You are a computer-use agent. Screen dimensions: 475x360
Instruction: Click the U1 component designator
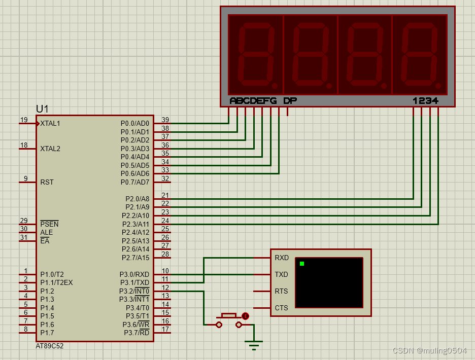coord(42,109)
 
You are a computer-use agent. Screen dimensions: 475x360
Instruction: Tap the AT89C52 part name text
coord(50,346)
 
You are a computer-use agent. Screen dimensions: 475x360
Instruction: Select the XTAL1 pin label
coord(50,124)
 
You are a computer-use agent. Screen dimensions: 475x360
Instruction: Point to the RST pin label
coord(47,182)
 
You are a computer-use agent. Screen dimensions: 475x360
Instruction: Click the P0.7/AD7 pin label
coord(135,182)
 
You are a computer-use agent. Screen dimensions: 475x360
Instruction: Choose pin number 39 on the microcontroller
coord(165,120)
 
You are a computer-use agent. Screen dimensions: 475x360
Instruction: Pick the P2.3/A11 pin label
coord(135,224)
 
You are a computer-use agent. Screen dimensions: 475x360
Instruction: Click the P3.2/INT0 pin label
coord(134,291)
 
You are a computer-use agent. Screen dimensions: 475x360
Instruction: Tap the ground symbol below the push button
coord(254,345)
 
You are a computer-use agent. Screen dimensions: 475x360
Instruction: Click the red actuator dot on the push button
coord(246,316)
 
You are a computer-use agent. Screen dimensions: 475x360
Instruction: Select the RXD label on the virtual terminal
coord(282,258)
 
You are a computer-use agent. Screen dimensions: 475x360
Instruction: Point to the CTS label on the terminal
coord(282,308)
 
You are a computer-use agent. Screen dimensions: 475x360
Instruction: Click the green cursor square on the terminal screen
coord(302,264)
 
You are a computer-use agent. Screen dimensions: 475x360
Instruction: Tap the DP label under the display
coord(290,100)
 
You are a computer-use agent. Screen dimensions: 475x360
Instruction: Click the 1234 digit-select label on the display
coord(425,100)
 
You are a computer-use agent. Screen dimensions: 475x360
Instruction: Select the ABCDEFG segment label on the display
coord(253,100)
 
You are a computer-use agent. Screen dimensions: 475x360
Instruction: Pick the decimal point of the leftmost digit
coord(275,86)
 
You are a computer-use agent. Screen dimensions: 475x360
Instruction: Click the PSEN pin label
coord(49,224)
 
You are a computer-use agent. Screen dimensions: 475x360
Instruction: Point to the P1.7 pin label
coord(47,333)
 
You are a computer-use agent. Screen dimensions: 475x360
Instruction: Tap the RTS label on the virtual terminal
coord(282,291)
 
